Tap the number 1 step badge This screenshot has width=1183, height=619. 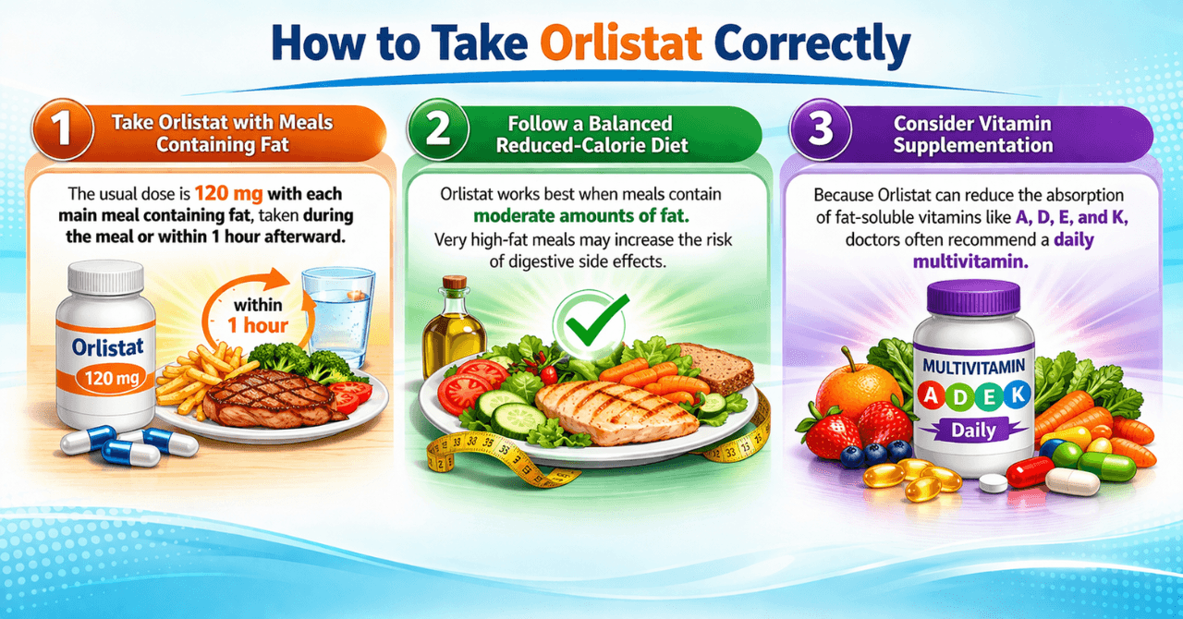pyautogui.click(x=61, y=132)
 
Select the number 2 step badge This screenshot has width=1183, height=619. pyautogui.click(x=436, y=132)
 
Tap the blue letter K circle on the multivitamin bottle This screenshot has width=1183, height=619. pyautogui.click(x=1018, y=395)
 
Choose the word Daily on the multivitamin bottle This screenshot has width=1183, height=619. pyautogui.click(x=972, y=430)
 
